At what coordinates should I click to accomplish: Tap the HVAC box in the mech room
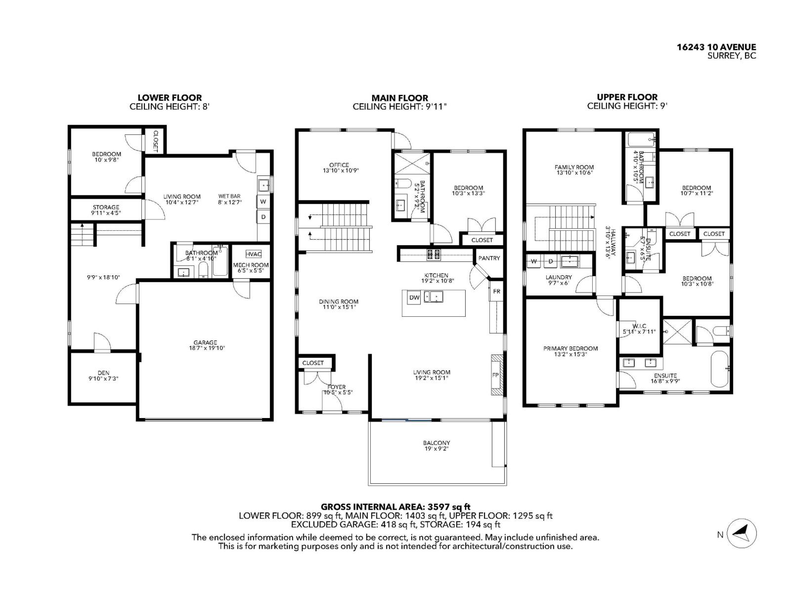click(x=253, y=254)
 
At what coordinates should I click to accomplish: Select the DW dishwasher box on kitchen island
click(x=414, y=297)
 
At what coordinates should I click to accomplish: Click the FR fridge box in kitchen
click(x=496, y=291)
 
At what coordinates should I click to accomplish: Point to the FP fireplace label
click(x=495, y=375)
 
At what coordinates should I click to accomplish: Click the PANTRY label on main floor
click(x=489, y=258)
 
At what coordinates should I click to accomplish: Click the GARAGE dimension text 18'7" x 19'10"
click(x=205, y=348)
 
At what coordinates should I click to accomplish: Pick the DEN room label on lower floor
click(x=103, y=373)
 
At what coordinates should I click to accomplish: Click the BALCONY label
click(x=437, y=443)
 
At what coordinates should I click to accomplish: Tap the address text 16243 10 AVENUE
click(x=716, y=47)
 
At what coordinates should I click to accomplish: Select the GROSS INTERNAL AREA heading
click(x=395, y=507)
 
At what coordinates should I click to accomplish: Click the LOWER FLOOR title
click(x=170, y=98)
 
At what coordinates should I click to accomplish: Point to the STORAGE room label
click(x=106, y=207)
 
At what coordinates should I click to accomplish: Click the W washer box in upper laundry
click(x=534, y=261)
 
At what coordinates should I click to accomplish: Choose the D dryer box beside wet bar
click(x=264, y=216)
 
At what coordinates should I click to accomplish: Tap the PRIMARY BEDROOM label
click(x=571, y=348)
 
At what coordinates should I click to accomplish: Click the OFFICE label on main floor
click(x=339, y=165)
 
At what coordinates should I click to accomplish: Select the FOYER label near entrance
click(x=337, y=387)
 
